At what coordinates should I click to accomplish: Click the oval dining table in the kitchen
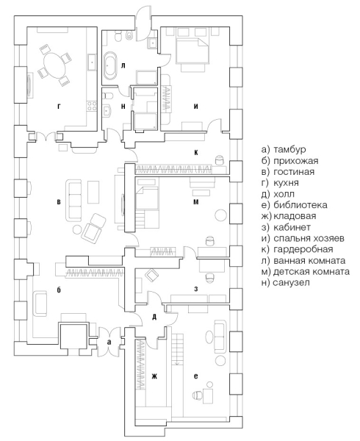click(x=54, y=65)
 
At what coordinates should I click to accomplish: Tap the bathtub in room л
click(x=110, y=65)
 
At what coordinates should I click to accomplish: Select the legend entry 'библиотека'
click(x=294, y=205)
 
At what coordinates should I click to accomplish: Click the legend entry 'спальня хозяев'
click(x=303, y=238)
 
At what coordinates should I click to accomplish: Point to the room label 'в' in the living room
click(x=59, y=202)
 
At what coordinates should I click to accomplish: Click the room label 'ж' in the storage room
click(x=154, y=376)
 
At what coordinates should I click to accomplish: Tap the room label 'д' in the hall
click(x=154, y=318)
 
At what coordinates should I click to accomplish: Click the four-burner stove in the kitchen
click(x=91, y=107)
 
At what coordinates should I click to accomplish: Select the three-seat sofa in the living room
click(x=74, y=201)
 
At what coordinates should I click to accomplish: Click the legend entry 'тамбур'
click(x=284, y=149)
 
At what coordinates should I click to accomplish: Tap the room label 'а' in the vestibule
click(x=109, y=343)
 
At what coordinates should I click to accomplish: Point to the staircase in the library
click(x=177, y=349)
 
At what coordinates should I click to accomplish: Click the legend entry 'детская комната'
click(x=306, y=272)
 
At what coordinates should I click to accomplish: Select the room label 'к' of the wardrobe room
click(x=196, y=152)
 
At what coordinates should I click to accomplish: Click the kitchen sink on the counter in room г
click(x=93, y=62)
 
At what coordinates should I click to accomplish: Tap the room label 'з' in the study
click(x=196, y=289)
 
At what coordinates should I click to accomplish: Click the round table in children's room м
click(x=220, y=215)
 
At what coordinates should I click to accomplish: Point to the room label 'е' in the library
click(x=196, y=376)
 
